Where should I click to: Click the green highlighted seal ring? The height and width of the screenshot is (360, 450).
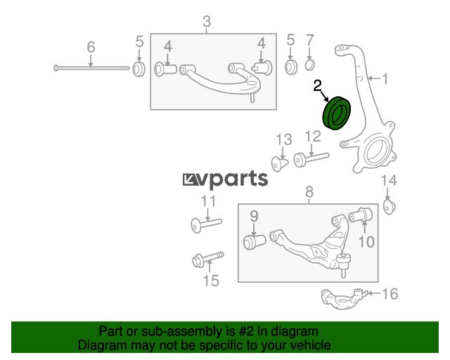(x=337, y=113)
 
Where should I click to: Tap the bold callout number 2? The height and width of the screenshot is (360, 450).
(x=317, y=86)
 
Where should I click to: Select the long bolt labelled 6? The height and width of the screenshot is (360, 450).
(x=91, y=68)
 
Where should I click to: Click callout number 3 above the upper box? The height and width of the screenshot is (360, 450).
(x=207, y=22)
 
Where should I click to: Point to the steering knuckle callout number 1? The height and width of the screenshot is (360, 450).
(x=385, y=79)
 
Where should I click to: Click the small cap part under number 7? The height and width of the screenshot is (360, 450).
(x=309, y=65)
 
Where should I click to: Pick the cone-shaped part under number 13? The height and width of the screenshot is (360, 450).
(x=280, y=164)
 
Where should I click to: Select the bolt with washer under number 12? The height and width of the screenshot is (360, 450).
(x=311, y=159)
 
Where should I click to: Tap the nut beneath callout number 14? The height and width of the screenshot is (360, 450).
(x=390, y=207)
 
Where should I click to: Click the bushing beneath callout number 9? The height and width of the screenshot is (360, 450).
(x=255, y=242)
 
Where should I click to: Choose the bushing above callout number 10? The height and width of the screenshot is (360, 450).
(x=361, y=215)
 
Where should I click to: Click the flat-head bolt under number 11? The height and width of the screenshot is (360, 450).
(x=206, y=224)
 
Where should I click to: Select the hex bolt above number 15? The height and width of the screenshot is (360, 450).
(x=208, y=259)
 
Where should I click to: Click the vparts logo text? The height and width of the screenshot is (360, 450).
(x=225, y=179)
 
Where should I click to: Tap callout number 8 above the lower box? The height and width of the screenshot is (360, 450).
(x=309, y=192)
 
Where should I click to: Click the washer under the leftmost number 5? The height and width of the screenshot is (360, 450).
(x=139, y=69)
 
